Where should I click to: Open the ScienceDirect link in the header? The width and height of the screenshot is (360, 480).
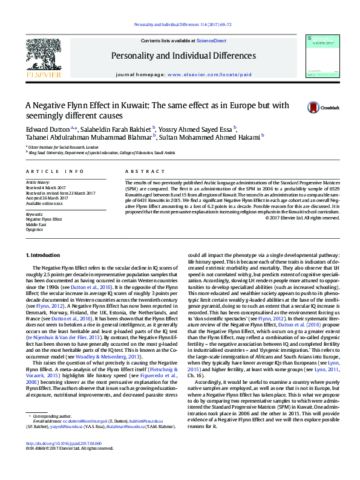[x=211, y=40]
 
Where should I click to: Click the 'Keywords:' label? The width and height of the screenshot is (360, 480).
[x=35, y=214]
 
